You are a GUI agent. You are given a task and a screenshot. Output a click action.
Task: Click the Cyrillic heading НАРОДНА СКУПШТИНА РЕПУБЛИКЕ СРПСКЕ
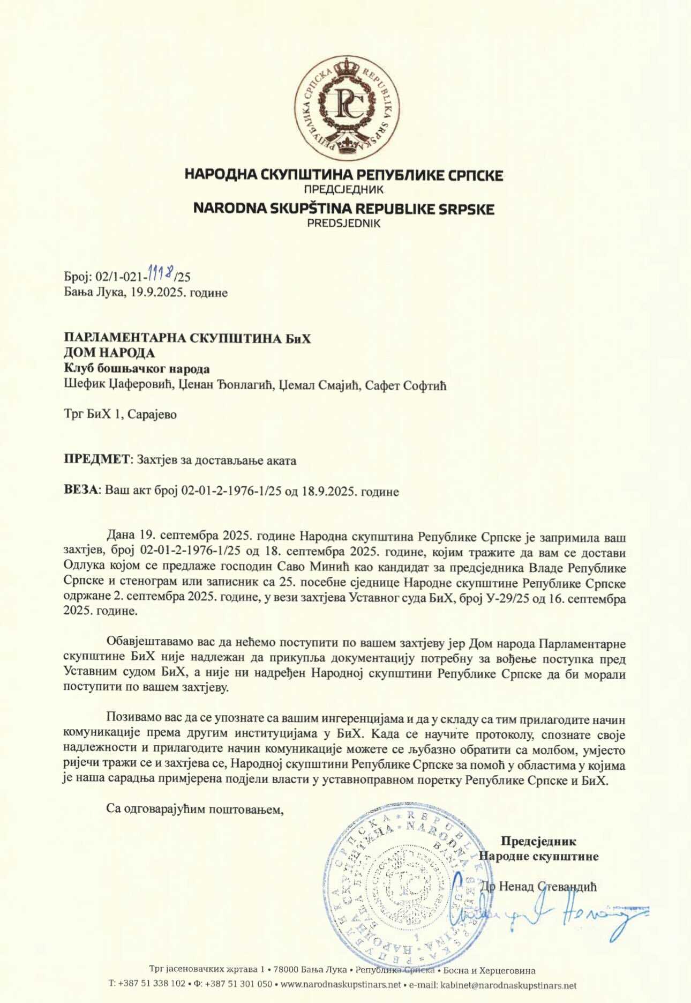pyautogui.click(x=344, y=175)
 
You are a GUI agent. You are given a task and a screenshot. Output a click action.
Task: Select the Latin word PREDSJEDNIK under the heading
pyautogui.click(x=343, y=224)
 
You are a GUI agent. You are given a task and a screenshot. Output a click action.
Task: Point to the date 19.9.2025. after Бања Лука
pyautogui.click(x=155, y=293)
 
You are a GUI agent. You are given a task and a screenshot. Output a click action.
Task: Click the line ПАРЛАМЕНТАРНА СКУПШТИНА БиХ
pyautogui.click(x=187, y=338)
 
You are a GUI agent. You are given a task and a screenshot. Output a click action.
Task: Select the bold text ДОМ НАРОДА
pyautogui.click(x=109, y=353)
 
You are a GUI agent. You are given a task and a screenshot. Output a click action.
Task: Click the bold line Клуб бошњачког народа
pyautogui.click(x=137, y=369)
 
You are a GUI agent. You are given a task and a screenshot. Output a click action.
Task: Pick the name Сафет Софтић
pyautogui.click(x=405, y=385)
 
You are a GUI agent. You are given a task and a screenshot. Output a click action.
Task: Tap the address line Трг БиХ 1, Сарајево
pyautogui.click(x=120, y=415)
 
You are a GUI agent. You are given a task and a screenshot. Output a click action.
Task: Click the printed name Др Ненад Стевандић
pyautogui.click(x=538, y=887)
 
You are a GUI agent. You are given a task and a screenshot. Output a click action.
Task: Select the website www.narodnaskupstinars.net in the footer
pyautogui.click(x=340, y=985)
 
